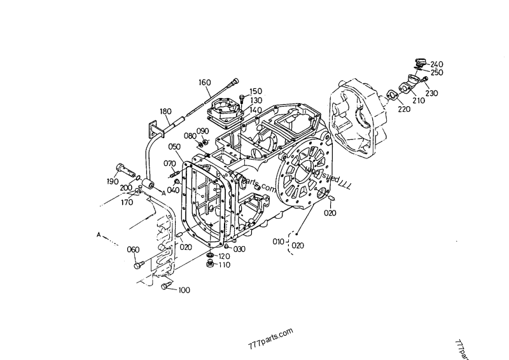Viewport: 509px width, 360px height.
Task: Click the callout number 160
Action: coord(204,83)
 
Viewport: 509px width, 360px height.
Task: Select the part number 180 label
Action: coord(165,111)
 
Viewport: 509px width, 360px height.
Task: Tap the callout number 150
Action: coord(255,91)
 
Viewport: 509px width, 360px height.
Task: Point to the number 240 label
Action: coord(436,64)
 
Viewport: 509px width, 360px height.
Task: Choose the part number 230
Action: coord(432,93)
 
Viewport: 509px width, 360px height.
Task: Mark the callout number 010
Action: coord(278,242)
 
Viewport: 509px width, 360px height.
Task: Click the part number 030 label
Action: coord(239,249)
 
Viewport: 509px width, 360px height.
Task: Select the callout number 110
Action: coord(224,265)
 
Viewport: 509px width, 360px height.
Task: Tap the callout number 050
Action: coord(175,147)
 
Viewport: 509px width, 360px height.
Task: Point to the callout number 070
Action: coord(170,163)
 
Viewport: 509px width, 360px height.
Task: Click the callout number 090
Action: coord(203,131)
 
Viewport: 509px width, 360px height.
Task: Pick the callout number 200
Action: coord(126,188)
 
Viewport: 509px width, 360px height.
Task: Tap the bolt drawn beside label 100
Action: coord(166,288)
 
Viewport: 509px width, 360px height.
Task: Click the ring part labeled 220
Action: coord(391,96)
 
